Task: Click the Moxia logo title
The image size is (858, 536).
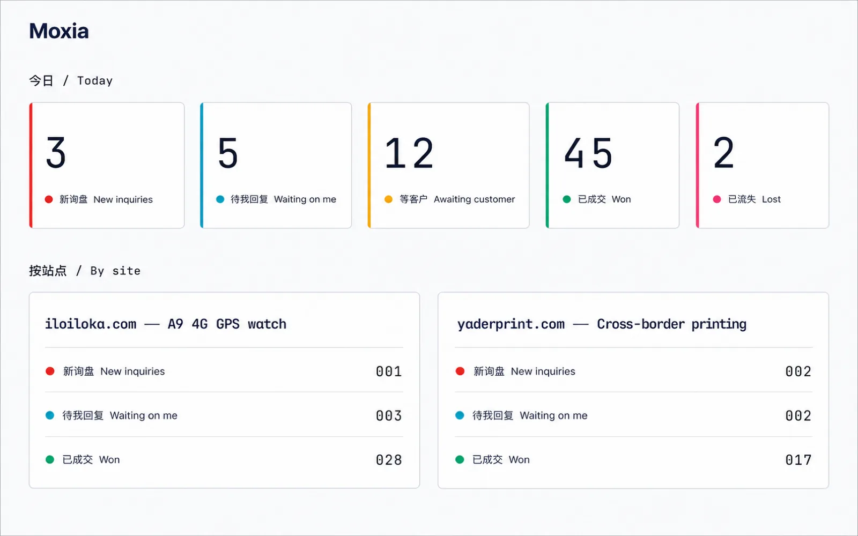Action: click(x=59, y=31)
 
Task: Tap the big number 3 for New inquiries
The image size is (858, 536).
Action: click(x=56, y=152)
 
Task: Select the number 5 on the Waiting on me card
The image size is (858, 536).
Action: click(x=228, y=152)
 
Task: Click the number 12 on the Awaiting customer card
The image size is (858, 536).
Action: click(x=409, y=153)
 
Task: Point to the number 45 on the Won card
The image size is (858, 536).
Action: click(x=588, y=153)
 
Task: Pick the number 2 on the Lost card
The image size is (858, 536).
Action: click(x=723, y=152)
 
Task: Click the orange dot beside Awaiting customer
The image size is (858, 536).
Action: click(x=388, y=199)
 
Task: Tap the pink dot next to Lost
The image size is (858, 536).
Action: click(x=717, y=199)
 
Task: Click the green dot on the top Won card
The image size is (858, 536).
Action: click(x=567, y=199)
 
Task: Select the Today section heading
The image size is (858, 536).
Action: click(x=71, y=81)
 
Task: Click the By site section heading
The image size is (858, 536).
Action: click(x=85, y=271)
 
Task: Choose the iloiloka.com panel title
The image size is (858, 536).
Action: click(x=166, y=324)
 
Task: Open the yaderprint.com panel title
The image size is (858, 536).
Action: click(x=602, y=324)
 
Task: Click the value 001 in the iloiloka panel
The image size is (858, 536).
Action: click(x=389, y=371)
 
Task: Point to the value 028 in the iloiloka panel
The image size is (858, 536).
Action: click(x=389, y=460)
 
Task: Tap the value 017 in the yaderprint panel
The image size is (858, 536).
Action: click(x=798, y=460)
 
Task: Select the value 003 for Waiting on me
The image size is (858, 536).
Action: click(x=389, y=416)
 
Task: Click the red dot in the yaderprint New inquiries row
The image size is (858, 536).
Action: click(x=460, y=371)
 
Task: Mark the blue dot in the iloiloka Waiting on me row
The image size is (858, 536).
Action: click(x=50, y=415)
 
